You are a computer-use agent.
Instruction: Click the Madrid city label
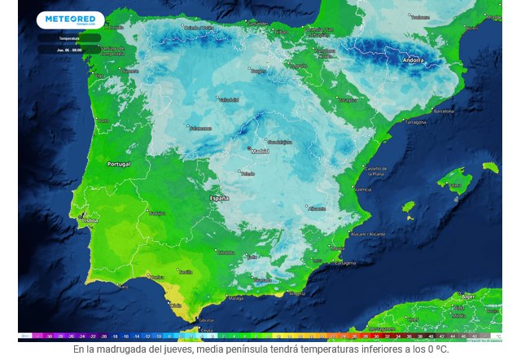(x=260, y=151)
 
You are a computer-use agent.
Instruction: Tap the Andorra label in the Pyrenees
(x=413, y=60)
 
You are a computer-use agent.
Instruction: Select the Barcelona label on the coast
(x=444, y=111)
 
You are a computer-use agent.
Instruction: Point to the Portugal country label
(x=119, y=164)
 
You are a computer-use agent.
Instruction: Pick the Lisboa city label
(x=89, y=220)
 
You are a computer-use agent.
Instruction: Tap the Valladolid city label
(x=229, y=100)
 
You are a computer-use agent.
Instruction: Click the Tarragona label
(x=415, y=122)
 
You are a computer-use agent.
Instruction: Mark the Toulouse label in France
(x=420, y=16)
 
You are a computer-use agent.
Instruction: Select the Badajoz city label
(x=157, y=213)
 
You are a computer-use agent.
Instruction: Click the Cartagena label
(x=345, y=263)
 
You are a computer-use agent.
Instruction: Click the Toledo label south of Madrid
(x=247, y=173)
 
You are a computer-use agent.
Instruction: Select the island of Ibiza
(x=408, y=207)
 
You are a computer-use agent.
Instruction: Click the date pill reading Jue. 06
(x=70, y=50)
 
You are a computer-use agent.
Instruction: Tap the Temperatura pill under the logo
(x=70, y=38)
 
